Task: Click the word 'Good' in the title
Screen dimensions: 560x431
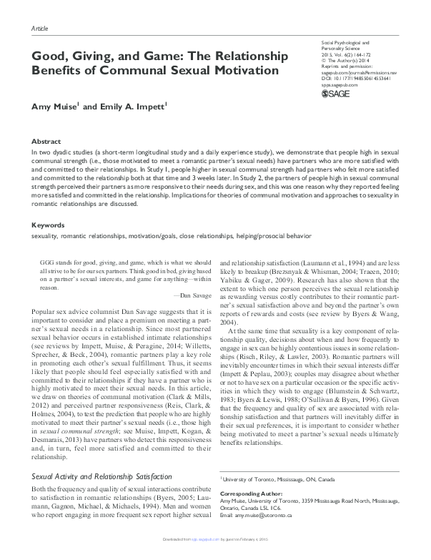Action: click(48, 56)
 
